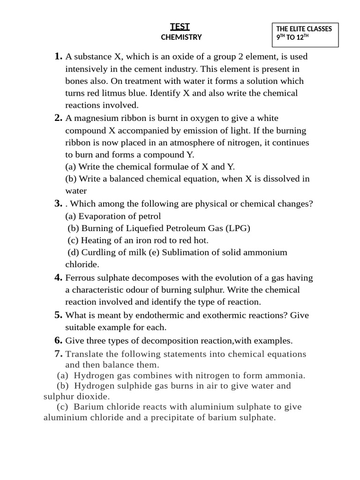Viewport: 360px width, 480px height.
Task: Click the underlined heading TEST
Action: [x=180, y=27]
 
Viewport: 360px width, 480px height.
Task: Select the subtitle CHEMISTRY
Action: [x=181, y=37]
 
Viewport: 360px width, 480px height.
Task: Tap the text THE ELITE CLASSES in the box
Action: [x=304, y=29]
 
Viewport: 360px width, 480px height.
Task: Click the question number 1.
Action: [x=58, y=57]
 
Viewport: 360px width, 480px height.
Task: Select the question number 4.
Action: [x=58, y=277]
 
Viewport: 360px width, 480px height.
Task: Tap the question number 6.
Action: [x=58, y=340]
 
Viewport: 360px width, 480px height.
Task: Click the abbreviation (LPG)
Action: [x=238, y=228]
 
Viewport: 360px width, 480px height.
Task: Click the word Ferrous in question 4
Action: [x=81, y=278]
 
